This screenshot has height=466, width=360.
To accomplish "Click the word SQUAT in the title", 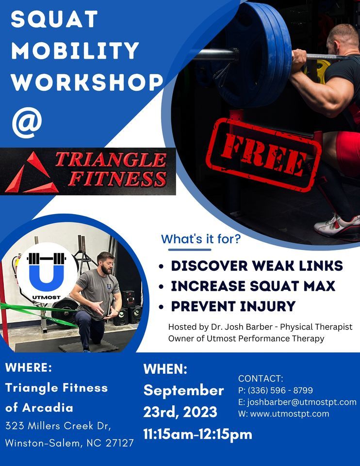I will (54, 19).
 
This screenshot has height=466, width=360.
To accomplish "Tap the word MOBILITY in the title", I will (75, 51).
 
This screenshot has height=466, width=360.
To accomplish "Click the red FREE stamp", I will (263, 154).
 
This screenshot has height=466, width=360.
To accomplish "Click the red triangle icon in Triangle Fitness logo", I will (30, 173).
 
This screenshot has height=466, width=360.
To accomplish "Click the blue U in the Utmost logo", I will (46, 274).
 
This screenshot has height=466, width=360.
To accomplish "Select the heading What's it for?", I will (201, 239).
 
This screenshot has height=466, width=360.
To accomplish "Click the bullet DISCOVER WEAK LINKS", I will (257, 266).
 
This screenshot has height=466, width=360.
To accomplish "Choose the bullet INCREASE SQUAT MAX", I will (253, 286).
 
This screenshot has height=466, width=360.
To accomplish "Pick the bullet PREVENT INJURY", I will (233, 306).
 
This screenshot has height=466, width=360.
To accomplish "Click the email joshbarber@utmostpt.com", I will (301, 402).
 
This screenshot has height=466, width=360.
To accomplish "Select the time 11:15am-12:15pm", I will (197, 434).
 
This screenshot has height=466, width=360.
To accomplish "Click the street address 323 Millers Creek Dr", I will (58, 426).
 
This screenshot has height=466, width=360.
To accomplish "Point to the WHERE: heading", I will (28, 367).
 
